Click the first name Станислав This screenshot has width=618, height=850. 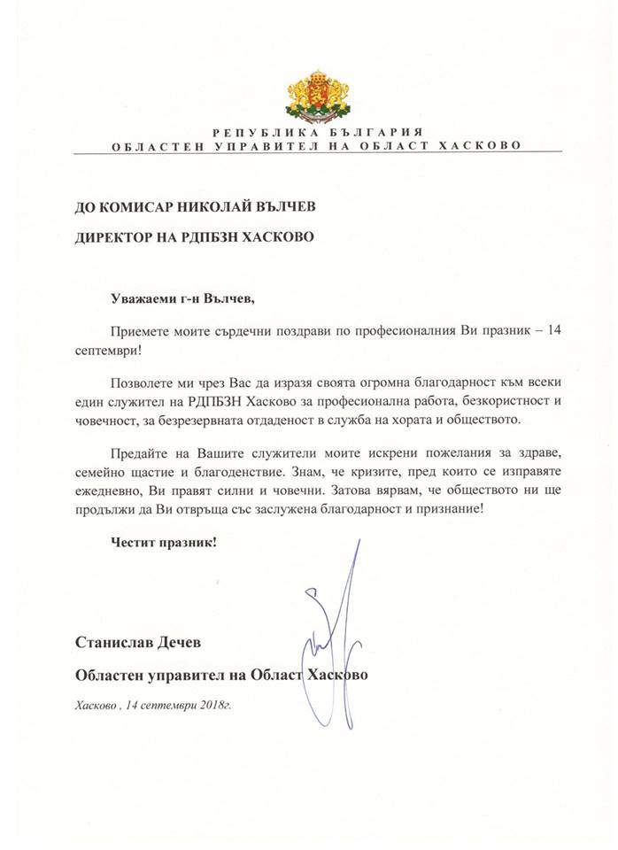pyautogui.click(x=116, y=640)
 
